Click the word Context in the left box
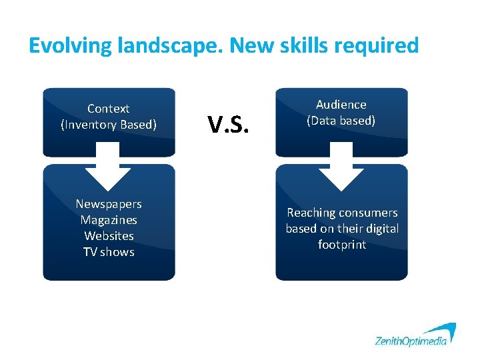pyautogui.click(x=109, y=108)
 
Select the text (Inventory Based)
pyautogui.click(x=109, y=125)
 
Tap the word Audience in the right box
pyautogui.click(x=341, y=105)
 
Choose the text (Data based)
pyautogui.click(x=341, y=121)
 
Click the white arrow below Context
pyautogui.click(x=109, y=167)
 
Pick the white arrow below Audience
pyautogui.click(x=341, y=167)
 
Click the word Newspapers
pyautogui.click(x=109, y=204)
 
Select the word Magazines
pyautogui.click(x=109, y=220)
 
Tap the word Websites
pyautogui.click(x=109, y=236)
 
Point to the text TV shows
pyautogui.click(x=109, y=252)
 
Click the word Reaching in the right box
pyautogui.click(x=311, y=213)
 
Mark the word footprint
pyautogui.click(x=342, y=245)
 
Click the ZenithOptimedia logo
pyautogui.click(x=415, y=335)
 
